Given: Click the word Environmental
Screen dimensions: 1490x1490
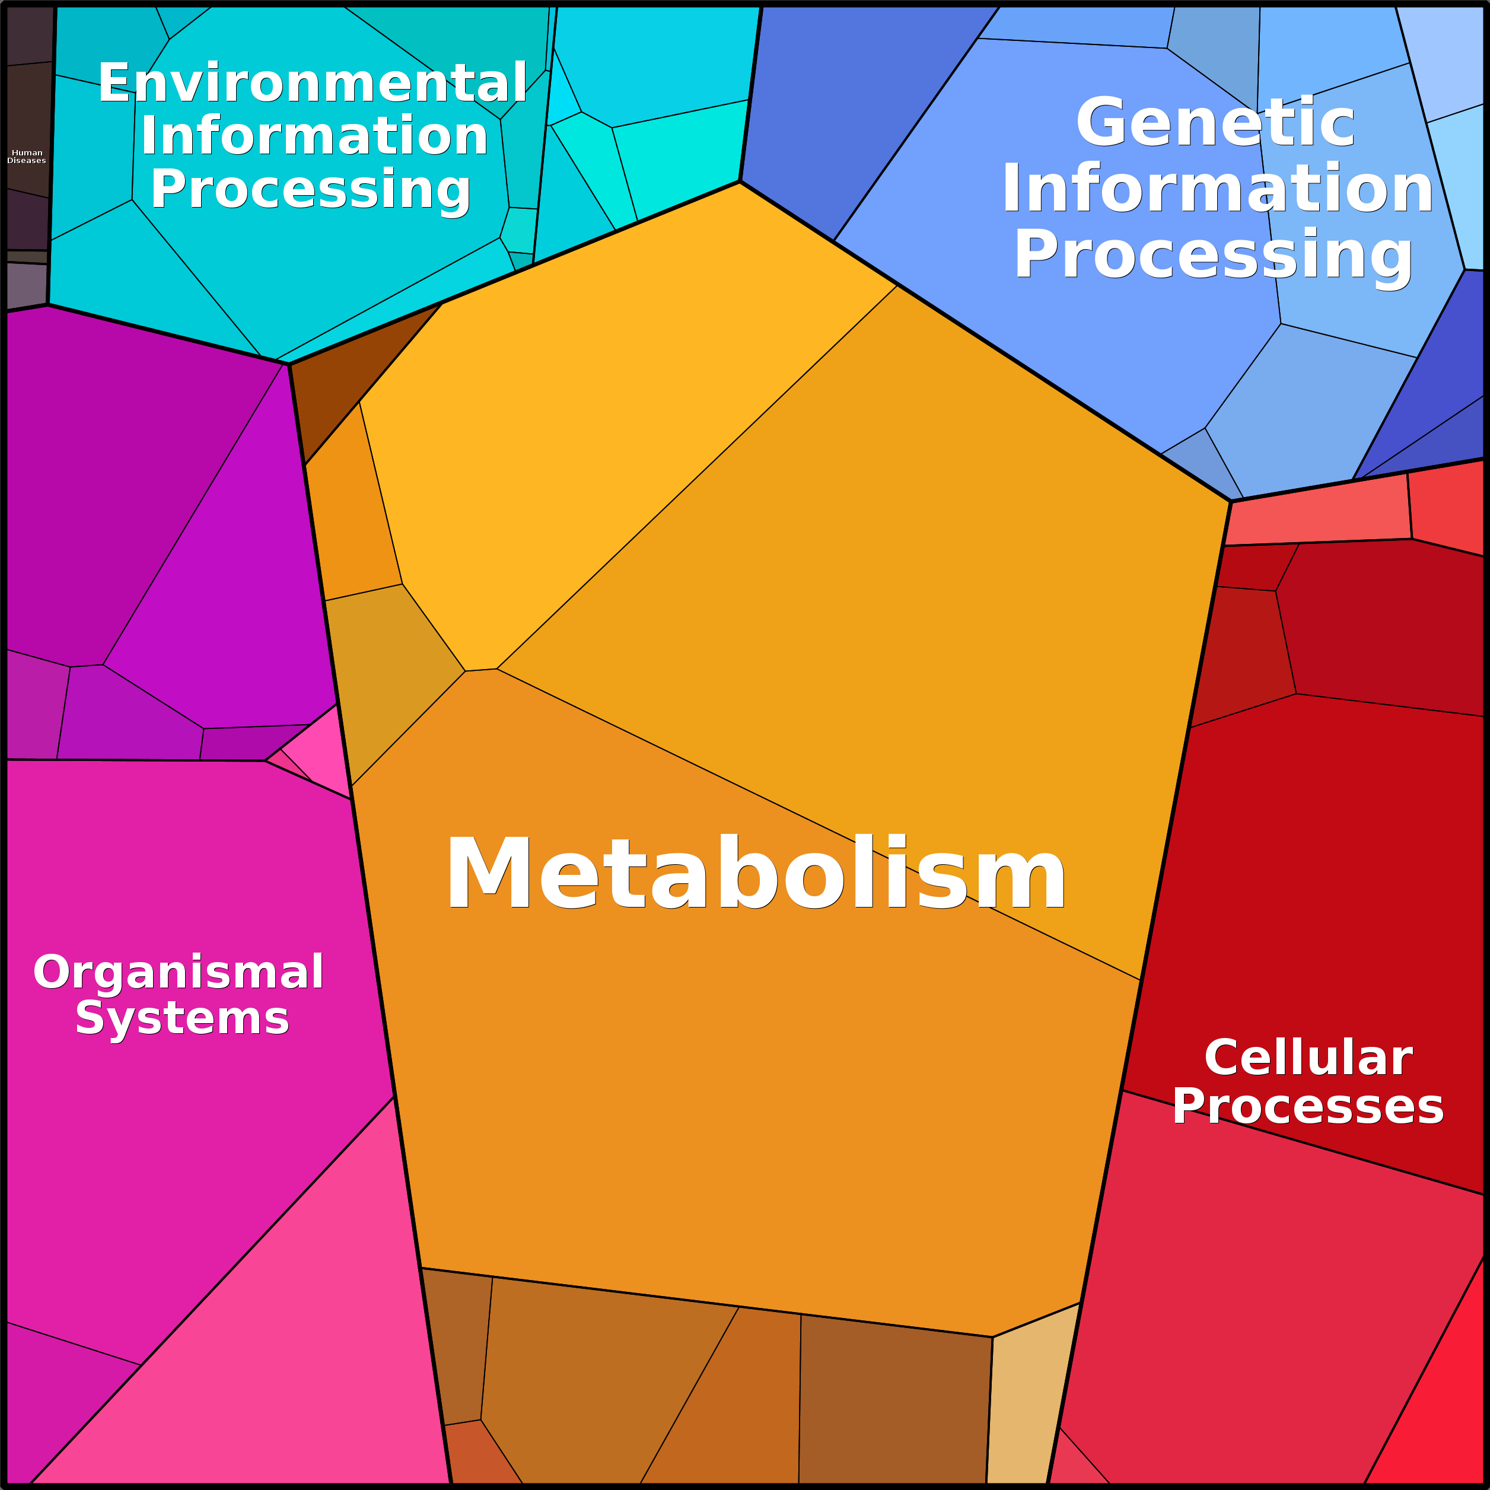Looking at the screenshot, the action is [313, 82].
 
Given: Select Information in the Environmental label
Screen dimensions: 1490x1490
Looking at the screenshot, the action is [314, 136].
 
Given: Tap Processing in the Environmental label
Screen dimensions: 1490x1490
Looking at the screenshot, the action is [310, 190].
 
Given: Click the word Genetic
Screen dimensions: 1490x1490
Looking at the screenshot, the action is [1215, 122].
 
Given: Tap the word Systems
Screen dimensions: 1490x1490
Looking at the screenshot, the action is [182, 1019].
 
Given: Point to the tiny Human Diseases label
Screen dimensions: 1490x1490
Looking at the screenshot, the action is [27, 157].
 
